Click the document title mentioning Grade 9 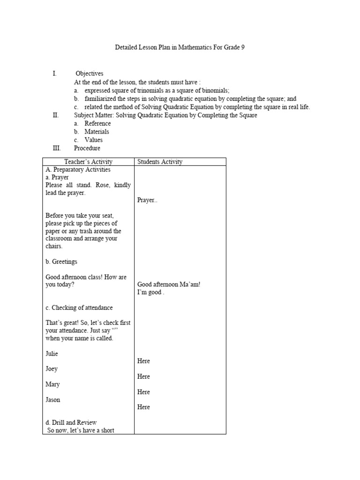pyautogui.click(x=180, y=48)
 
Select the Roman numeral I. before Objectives pyautogui.click(x=55, y=74)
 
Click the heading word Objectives pyautogui.click(x=89, y=74)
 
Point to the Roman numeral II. pyautogui.click(x=55, y=115)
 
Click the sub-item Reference pyautogui.click(x=97, y=123)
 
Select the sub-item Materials pyautogui.click(x=97, y=132)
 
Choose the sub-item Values pyautogui.click(x=93, y=140)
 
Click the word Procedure pyautogui.click(x=87, y=148)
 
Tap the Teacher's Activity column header pyautogui.click(x=88, y=162)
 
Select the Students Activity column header pyautogui.click(x=160, y=162)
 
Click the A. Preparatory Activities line pyautogui.click(x=78, y=170)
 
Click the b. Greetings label pyautogui.click(x=61, y=262)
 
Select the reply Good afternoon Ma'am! pyautogui.click(x=169, y=285)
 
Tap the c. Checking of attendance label pyautogui.click(x=79, y=307)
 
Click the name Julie pyautogui.click(x=52, y=353)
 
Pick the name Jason pyautogui.click(x=52, y=400)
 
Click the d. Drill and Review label pyautogui.click(x=71, y=422)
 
